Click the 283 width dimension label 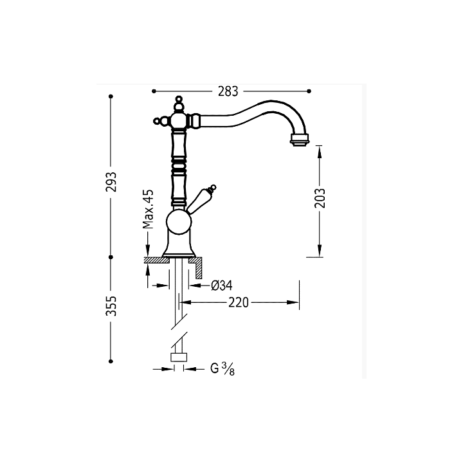tap(228, 91)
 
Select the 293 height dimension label tap(111, 182)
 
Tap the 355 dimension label tap(111, 306)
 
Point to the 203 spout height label tap(320, 198)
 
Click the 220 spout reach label tap(239, 303)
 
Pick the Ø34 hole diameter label tap(222, 286)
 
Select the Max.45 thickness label tap(149, 209)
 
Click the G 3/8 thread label tap(222, 369)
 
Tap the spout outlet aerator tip tap(300, 139)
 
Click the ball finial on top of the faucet tap(179, 98)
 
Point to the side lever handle tap(200, 199)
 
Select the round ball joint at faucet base tap(179, 222)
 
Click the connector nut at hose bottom tap(179, 358)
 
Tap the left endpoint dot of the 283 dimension tap(154, 91)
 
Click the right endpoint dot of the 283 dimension tap(309, 91)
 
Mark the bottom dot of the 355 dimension tap(111, 361)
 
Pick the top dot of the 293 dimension tap(111, 96)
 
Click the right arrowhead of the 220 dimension tap(293, 302)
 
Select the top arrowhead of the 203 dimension tap(320, 152)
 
